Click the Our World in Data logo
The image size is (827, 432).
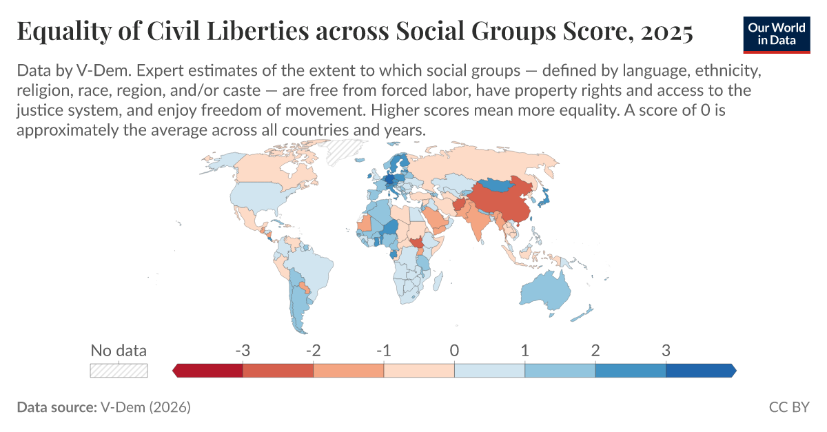(x=776, y=32)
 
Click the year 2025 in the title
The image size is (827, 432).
(x=666, y=32)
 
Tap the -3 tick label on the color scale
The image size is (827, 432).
(x=242, y=350)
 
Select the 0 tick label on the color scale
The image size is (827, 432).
(x=454, y=350)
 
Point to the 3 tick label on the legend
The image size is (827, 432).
(x=666, y=350)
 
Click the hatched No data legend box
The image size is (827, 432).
(x=119, y=370)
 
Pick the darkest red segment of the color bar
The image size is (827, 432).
(x=209, y=371)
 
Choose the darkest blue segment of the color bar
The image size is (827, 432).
(x=700, y=371)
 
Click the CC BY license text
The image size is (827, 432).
(x=788, y=407)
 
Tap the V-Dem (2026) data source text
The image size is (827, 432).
(x=145, y=407)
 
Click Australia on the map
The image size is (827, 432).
(x=544, y=290)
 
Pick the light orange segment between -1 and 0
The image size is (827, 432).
(x=419, y=371)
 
